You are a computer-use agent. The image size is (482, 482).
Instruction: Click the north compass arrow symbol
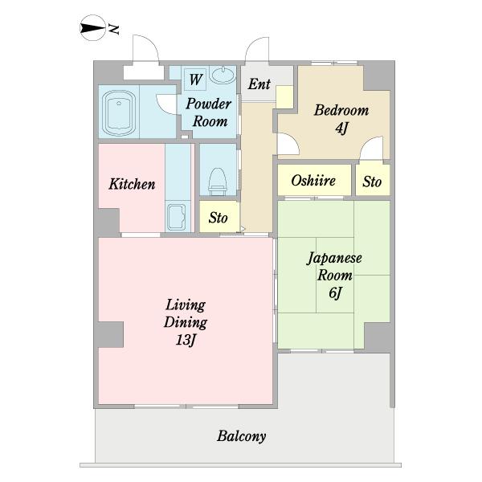click(93, 31)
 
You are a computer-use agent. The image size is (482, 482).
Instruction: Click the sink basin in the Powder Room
click(224, 79)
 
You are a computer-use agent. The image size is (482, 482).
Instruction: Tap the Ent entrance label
click(258, 84)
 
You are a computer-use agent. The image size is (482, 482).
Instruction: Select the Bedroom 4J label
click(341, 118)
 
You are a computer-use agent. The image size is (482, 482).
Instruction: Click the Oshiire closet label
click(313, 181)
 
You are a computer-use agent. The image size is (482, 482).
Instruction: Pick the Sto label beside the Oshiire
click(372, 182)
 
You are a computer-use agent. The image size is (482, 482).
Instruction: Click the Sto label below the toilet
click(218, 218)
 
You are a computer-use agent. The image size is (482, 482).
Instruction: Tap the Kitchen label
click(132, 184)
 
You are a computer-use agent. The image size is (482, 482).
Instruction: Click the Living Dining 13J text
click(186, 322)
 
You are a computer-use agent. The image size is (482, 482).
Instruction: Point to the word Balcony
click(241, 437)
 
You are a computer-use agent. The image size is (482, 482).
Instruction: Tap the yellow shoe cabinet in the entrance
click(284, 96)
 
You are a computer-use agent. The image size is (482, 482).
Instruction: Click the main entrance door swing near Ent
click(258, 51)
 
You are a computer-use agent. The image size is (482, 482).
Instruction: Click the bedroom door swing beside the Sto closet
click(370, 149)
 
